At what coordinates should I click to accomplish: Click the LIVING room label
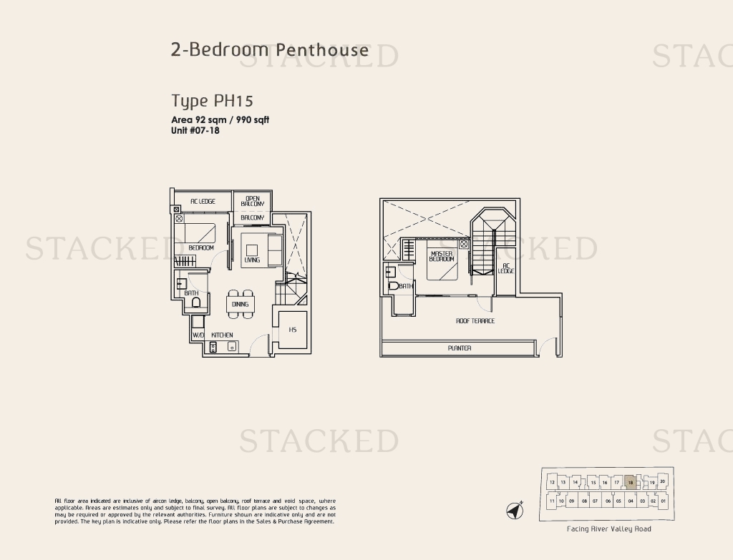point(252,260)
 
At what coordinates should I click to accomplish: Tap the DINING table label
point(240,304)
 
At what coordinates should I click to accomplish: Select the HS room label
point(293,330)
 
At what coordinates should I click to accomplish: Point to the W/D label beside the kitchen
point(198,335)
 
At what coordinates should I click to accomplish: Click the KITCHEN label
point(222,335)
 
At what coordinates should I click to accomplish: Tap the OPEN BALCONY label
point(253,201)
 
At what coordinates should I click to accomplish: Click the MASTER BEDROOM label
point(442,256)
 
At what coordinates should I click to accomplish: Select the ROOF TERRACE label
point(475,321)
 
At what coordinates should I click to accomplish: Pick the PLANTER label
point(460,348)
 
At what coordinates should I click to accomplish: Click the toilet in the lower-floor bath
point(196,303)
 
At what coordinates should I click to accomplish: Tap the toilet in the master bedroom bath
point(393,285)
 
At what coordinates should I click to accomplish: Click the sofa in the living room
point(273,248)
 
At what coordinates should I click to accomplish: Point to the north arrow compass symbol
point(515,511)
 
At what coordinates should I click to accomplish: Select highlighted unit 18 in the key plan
point(630,483)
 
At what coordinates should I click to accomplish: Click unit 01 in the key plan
point(664,501)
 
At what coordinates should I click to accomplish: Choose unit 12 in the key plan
point(552,483)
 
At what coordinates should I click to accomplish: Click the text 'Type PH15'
point(212,101)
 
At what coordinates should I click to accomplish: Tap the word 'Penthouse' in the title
point(322,49)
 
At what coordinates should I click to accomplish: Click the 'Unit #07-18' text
point(195,131)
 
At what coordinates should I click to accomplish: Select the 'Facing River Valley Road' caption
point(608,529)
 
